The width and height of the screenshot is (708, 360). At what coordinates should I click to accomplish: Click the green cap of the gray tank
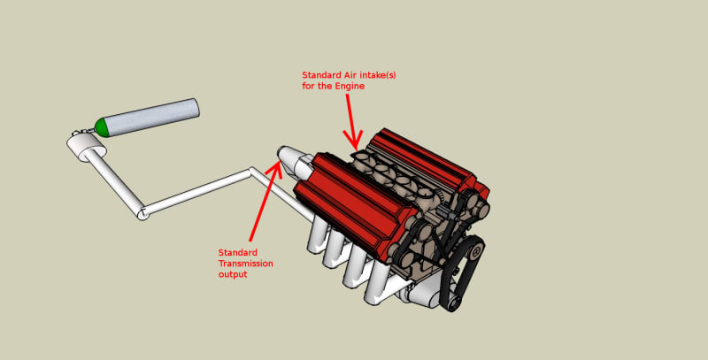[x=102, y=127]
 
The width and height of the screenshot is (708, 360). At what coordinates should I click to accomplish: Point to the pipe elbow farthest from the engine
[x=142, y=213]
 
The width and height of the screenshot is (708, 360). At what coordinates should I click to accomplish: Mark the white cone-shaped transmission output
[x=291, y=159]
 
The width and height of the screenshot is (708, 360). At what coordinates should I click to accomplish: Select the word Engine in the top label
[x=349, y=86]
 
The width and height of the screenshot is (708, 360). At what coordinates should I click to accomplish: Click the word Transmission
[x=246, y=264]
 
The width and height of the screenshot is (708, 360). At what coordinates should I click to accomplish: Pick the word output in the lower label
[x=233, y=274]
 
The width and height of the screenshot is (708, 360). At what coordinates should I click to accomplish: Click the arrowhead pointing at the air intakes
[x=353, y=139]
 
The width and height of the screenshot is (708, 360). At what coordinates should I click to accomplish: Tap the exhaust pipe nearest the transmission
[x=317, y=234]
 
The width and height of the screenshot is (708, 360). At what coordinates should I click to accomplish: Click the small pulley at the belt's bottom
[x=455, y=303]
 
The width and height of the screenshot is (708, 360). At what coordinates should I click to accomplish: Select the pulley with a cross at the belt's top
[x=475, y=253]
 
